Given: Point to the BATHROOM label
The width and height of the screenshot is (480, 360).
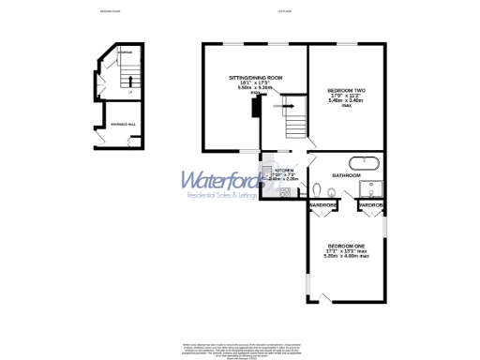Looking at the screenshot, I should (347, 175).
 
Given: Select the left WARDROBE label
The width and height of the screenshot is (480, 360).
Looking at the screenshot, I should (323, 204).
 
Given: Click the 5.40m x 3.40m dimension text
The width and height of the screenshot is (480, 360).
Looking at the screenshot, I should (346, 100).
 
